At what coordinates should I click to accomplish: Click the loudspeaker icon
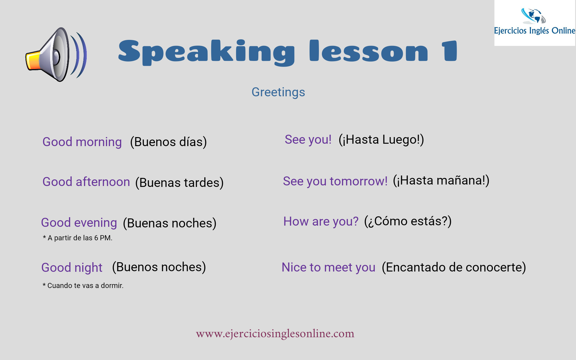click(56, 55)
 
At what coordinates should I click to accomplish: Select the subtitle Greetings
click(278, 92)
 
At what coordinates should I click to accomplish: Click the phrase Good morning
click(82, 142)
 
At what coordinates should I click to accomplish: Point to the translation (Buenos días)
click(168, 142)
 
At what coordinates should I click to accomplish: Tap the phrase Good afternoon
click(86, 182)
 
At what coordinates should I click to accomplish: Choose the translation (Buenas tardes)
click(179, 182)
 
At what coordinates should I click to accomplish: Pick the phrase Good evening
click(79, 223)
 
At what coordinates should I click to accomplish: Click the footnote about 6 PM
click(77, 238)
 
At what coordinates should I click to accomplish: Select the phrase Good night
click(72, 267)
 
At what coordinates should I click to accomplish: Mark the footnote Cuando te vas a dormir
click(83, 286)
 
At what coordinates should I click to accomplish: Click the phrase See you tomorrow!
click(335, 181)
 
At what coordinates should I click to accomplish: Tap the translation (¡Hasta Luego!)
click(381, 139)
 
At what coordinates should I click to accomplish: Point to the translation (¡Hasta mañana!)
click(441, 180)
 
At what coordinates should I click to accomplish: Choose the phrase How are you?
click(321, 221)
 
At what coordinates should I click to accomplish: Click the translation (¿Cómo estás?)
click(408, 221)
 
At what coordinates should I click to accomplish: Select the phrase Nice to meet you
click(328, 267)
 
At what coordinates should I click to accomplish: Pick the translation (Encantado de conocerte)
click(454, 267)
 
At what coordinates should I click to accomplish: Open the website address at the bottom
click(275, 334)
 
